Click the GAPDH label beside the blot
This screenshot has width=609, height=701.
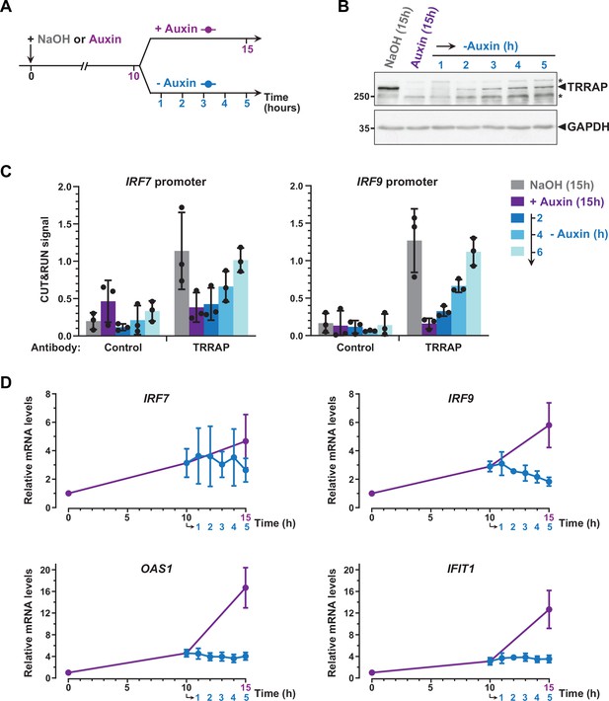[x=588, y=127]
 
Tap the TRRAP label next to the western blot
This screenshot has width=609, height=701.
[x=587, y=87]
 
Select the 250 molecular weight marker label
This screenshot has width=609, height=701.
[x=361, y=97]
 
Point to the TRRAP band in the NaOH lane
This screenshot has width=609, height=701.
[x=387, y=89]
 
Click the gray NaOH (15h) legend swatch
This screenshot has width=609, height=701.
[x=517, y=185]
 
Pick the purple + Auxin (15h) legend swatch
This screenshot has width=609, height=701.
[x=517, y=201]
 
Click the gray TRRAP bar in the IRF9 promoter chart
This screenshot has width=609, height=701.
[x=415, y=287]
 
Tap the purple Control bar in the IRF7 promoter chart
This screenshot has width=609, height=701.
[x=109, y=318]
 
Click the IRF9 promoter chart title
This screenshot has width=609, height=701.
[x=397, y=182]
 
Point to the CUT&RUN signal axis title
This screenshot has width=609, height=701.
[x=44, y=260]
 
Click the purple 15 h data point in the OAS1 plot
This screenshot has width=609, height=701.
[x=246, y=587]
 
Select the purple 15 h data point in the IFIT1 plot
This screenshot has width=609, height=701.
[x=549, y=609]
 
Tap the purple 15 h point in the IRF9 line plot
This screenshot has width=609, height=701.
[x=549, y=426]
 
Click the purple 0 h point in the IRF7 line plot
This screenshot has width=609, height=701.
[x=68, y=493]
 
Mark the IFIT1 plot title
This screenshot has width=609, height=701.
[x=460, y=569]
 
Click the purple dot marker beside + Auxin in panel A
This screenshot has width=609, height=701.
[x=207, y=30]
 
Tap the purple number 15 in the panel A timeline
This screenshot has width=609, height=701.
[x=247, y=48]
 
